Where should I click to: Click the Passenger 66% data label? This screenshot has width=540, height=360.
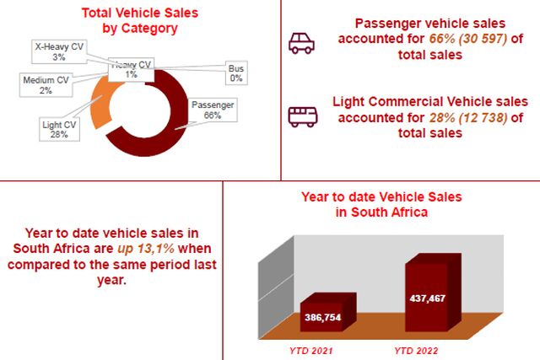coord(213,110)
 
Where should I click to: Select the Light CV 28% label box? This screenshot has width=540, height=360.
coord(59,129)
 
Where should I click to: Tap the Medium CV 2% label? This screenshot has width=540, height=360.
coord(46,85)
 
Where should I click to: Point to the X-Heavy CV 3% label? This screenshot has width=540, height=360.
coord(59,51)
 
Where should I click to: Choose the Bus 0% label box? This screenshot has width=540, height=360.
coord(236,73)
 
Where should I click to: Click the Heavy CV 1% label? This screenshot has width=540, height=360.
coord(132,69)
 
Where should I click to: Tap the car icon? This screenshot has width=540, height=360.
coord(302,43)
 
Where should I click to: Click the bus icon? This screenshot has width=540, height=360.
coord(303,116)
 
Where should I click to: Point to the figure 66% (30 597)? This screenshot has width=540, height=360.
coord(468,39)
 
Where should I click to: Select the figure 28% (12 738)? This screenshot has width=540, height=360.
coord(468,118)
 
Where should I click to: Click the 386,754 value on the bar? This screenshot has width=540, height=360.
coord(322,317)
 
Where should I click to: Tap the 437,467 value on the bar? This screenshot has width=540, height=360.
coord(428,298)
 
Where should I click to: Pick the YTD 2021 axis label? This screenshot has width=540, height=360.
coord(311,351)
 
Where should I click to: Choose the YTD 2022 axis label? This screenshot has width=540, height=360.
coord(416,351)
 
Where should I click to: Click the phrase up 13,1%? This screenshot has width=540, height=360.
coord(146,249)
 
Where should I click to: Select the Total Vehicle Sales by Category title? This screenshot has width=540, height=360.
coord(140,20)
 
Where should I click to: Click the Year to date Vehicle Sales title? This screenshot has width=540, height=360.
coord(381,204)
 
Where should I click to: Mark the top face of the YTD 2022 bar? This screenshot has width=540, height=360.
coord(434,259)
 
